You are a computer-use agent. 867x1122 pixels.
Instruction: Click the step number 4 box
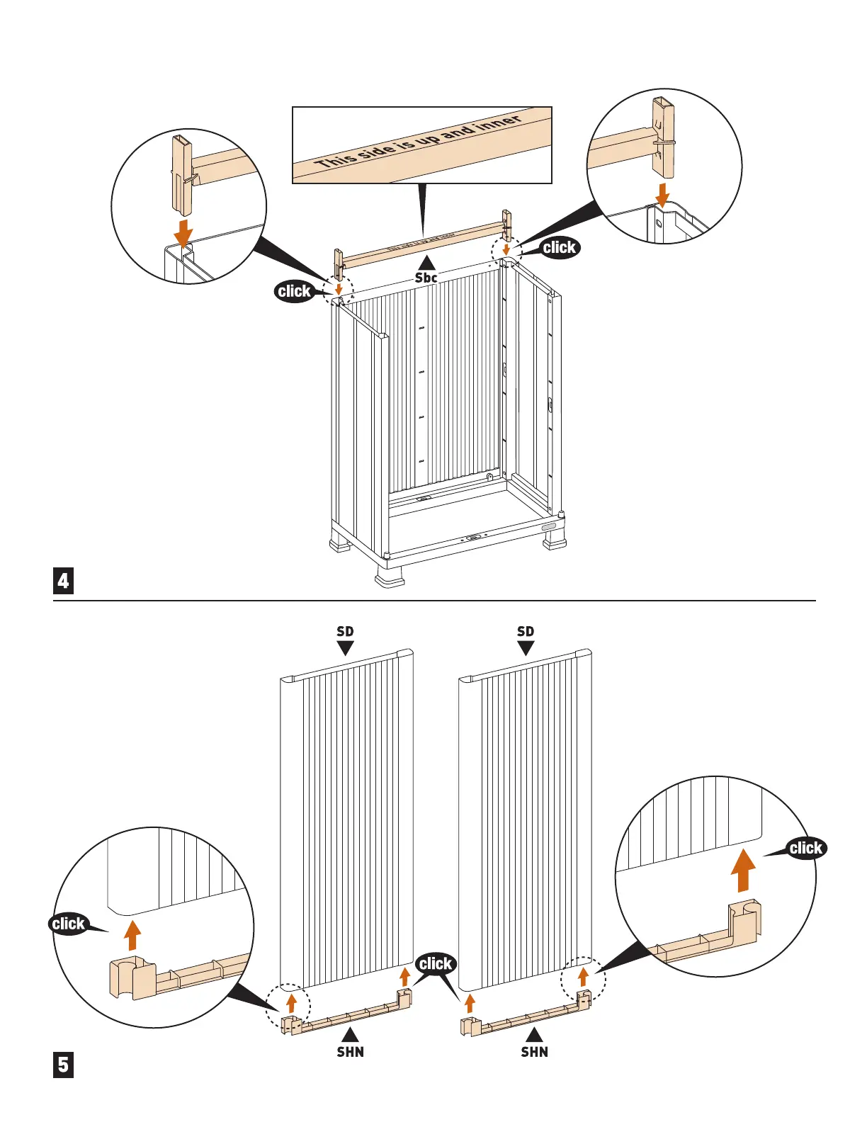pyautogui.click(x=64, y=581)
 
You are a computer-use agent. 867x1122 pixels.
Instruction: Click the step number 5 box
pyautogui.click(x=64, y=1065)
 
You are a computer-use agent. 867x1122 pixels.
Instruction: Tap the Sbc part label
pyautogui.click(x=426, y=278)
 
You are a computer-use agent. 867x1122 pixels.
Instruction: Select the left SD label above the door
pyautogui.click(x=345, y=631)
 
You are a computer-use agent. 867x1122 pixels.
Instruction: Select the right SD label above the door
pyautogui.click(x=526, y=631)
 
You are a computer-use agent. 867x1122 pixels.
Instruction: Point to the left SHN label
pyautogui.click(x=351, y=1052)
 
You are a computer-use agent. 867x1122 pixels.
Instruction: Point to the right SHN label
pyautogui.click(x=535, y=1052)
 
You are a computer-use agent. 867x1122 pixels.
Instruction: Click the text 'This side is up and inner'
pyautogui.click(x=419, y=142)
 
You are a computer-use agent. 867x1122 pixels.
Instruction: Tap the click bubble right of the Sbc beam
pyautogui.click(x=560, y=247)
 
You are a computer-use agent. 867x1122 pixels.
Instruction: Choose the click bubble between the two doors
pyautogui.click(x=435, y=963)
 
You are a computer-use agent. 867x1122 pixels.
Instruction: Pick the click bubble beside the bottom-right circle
pyautogui.click(x=805, y=848)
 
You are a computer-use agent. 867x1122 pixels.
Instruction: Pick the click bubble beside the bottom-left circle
pyautogui.click(x=68, y=924)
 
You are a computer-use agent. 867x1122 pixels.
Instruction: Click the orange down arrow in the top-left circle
pyautogui.click(x=184, y=233)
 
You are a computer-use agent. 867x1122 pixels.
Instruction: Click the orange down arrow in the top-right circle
pyautogui.click(x=662, y=193)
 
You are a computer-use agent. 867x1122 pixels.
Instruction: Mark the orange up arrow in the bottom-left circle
pyautogui.click(x=132, y=935)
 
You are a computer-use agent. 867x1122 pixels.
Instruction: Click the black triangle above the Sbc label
pyautogui.click(x=426, y=262)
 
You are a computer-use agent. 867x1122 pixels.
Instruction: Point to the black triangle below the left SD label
pyautogui.click(x=345, y=648)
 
